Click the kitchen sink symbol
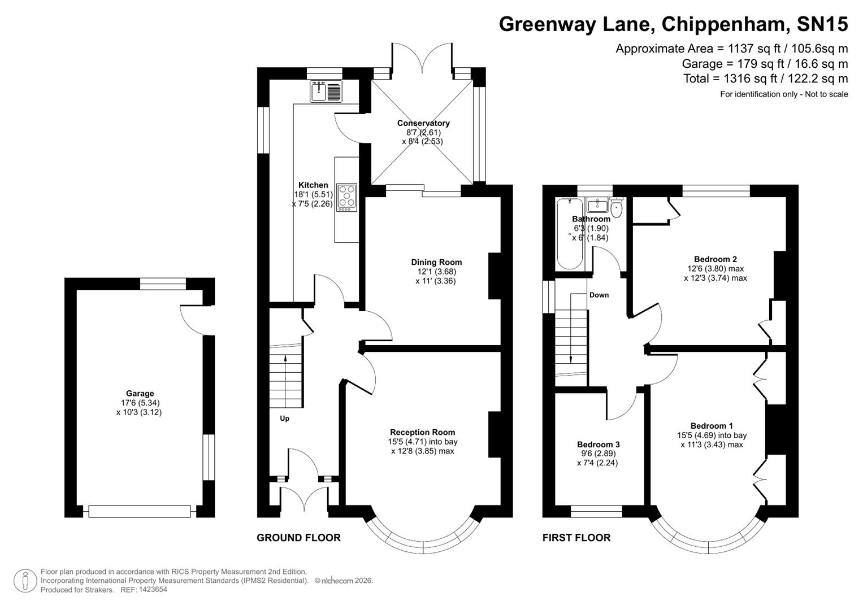[x=326, y=91]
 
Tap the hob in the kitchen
[x=346, y=198]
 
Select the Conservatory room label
[x=423, y=123]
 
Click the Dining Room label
[x=436, y=262]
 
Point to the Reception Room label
[x=422, y=433]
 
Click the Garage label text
[x=140, y=394]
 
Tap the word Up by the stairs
[x=285, y=419]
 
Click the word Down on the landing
[x=599, y=295]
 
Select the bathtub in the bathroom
[x=566, y=234]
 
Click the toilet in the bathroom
[x=617, y=209]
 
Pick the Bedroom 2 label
[x=715, y=260]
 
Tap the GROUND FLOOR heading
[x=298, y=538]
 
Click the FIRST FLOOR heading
[x=576, y=538]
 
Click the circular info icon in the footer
[x=25, y=581]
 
